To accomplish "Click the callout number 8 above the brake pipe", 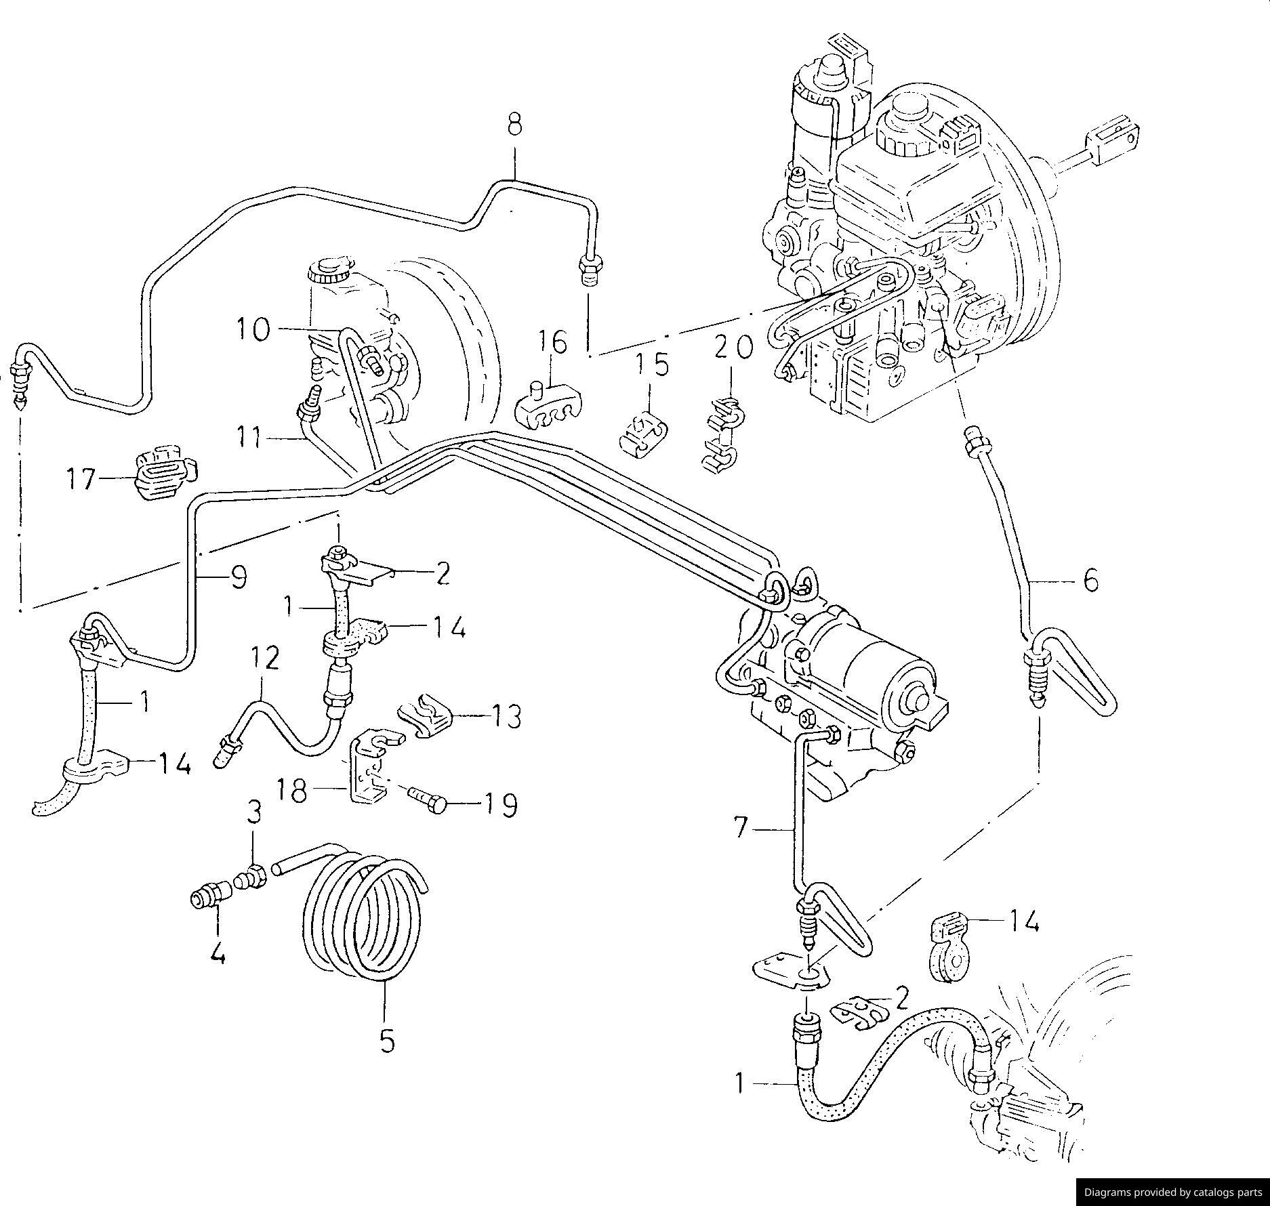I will point(514,125).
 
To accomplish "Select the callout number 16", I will point(553,342).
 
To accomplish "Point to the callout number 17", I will point(82,480).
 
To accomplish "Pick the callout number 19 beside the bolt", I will point(499,805).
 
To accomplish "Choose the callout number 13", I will point(504,716).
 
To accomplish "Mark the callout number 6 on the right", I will point(1090,580).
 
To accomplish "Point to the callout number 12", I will point(266,658).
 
